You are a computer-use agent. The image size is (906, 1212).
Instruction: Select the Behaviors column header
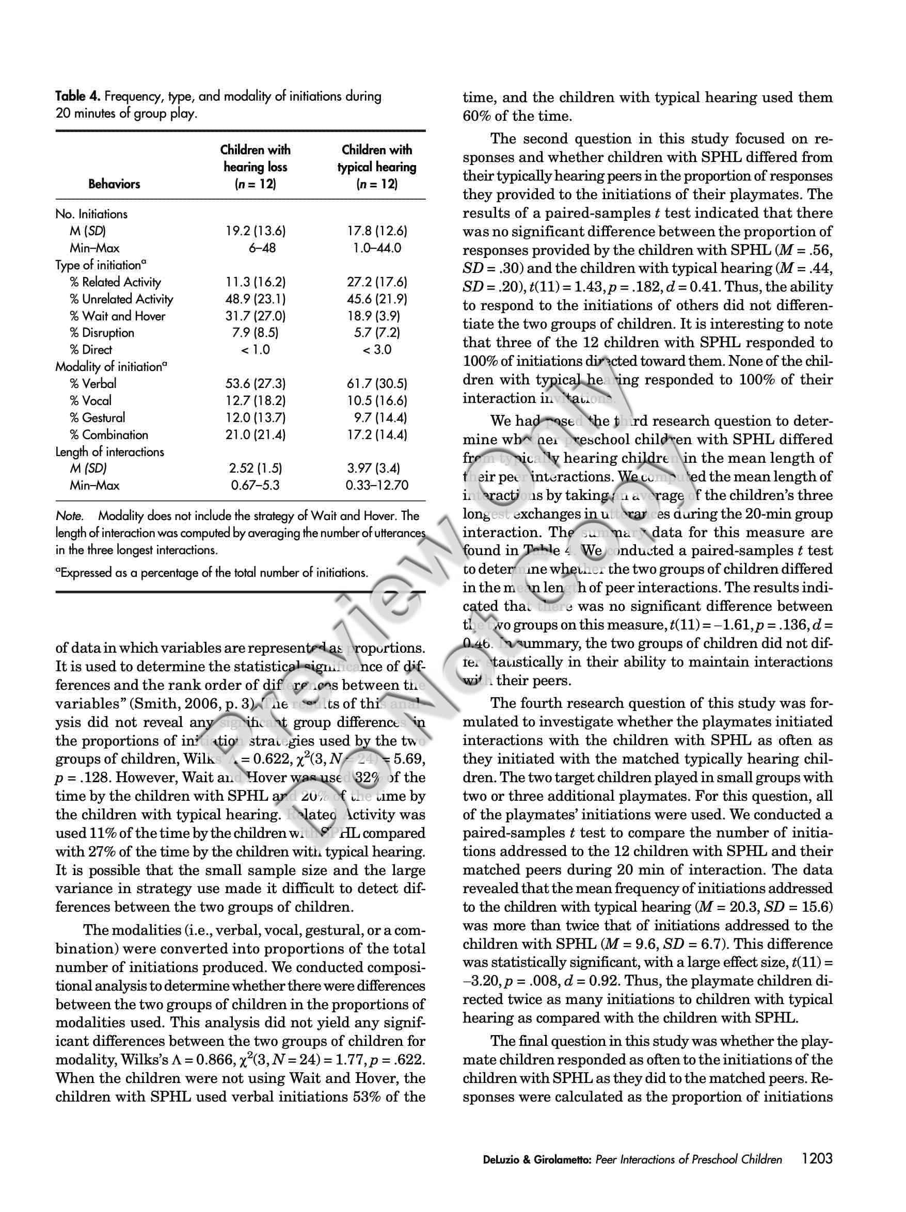[x=114, y=184]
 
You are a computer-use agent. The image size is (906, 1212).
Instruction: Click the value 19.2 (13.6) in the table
[x=256, y=231]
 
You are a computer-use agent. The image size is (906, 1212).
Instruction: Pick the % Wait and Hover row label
[x=117, y=316]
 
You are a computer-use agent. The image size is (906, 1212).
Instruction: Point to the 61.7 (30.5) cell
[x=377, y=383]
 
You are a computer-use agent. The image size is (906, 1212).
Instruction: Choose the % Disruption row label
[x=101, y=333]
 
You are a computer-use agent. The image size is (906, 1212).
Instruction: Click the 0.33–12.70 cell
[x=377, y=486]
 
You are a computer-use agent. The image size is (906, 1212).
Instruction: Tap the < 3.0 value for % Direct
[x=377, y=350]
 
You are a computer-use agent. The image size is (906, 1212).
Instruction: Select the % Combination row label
[x=108, y=435]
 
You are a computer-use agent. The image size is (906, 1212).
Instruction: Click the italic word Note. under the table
[x=70, y=516]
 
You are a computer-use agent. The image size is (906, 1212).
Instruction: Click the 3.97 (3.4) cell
[x=377, y=468]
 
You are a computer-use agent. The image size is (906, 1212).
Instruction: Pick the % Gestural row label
[x=97, y=418]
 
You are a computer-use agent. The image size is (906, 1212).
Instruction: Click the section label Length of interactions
[x=109, y=452]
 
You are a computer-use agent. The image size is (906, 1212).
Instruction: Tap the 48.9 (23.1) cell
[x=256, y=299]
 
